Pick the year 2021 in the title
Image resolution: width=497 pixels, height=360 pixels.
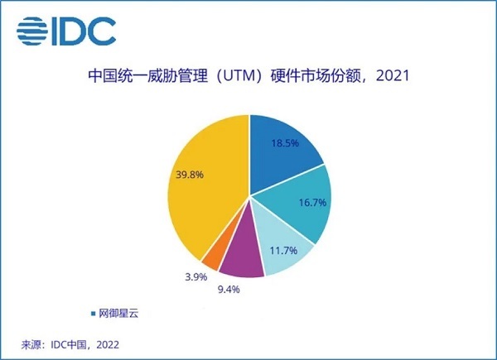coord(393,78)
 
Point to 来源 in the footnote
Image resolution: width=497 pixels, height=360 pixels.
coord(31,343)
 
